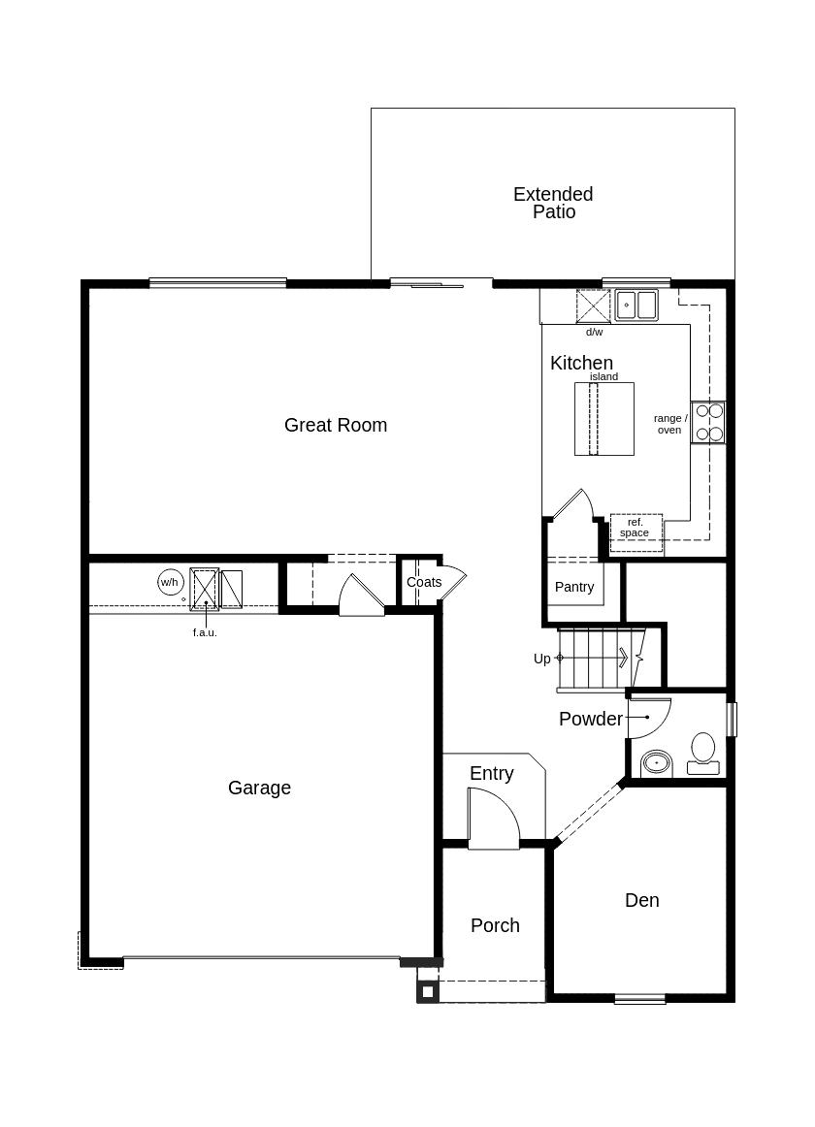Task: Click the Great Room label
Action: [x=336, y=425]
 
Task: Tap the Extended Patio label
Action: [x=553, y=203]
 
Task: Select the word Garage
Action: [x=259, y=788]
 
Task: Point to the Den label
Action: [x=641, y=900]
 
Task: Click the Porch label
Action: [x=495, y=925]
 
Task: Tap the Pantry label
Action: [x=574, y=587]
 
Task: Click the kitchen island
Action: [x=603, y=418]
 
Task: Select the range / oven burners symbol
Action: [x=709, y=423]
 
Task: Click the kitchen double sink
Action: [x=636, y=306]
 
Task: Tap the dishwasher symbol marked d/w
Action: [x=593, y=306]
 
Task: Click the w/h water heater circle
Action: [x=170, y=582]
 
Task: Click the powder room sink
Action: [x=657, y=763]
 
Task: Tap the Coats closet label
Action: [x=424, y=582]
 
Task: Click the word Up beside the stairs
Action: [x=541, y=659]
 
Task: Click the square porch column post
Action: [x=427, y=991]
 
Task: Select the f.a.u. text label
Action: [x=205, y=632]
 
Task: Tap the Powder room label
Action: [x=590, y=719]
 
